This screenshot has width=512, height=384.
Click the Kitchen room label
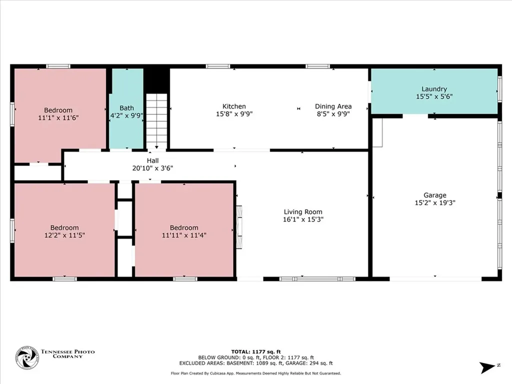pyautogui.click(x=234, y=106)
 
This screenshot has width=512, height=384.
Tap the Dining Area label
pyautogui.click(x=333, y=106)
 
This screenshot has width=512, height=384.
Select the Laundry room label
pyautogui.click(x=434, y=89)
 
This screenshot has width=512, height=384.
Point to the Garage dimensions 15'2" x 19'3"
pyautogui.click(x=434, y=202)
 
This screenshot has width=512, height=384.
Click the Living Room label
pyautogui.click(x=303, y=211)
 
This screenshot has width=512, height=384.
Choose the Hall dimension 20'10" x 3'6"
pyautogui.click(x=152, y=168)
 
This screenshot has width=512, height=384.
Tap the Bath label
pyautogui.click(x=126, y=107)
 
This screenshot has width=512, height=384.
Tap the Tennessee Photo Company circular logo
pyautogui.click(x=26, y=358)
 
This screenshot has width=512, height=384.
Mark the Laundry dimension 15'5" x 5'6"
pyautogui.click(x=434, y=96)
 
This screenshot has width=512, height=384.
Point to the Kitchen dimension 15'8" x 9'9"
pyautogui.click(x=234, y=113)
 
